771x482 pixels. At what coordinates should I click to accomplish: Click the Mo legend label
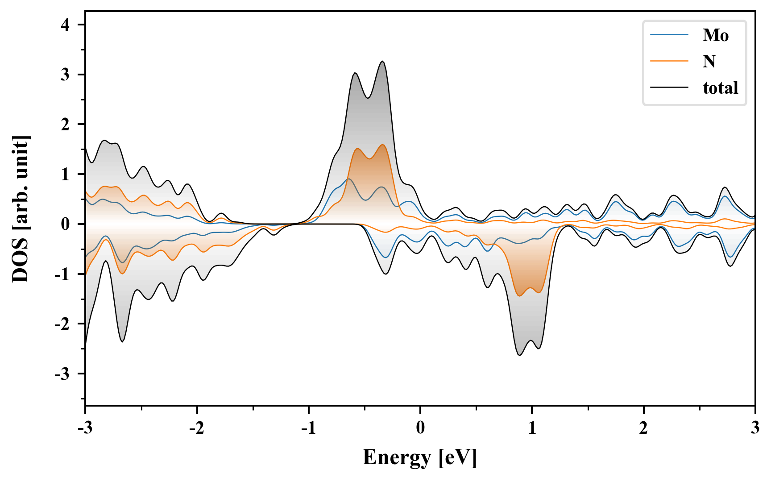coord(715,35)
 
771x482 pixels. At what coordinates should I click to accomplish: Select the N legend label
coord(709,61)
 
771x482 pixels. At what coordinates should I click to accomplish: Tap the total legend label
coord(720,87)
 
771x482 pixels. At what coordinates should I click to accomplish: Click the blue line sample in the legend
coord(669,35)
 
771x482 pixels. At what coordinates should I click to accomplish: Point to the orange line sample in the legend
coord(669,61)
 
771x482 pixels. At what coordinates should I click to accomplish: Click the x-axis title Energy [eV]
coord(420,457)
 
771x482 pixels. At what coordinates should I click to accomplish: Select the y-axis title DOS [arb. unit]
coord(21,209)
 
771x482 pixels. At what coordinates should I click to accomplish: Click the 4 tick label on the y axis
coord(66,25)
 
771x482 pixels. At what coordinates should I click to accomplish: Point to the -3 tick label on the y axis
coord(62,374)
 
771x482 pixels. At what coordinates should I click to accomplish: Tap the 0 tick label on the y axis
coord(66,224)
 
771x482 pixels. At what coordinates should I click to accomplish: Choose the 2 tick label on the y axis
coord(66,125)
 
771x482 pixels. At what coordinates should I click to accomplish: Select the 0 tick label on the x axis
coord(420,428)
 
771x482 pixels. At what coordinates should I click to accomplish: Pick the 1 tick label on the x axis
coord(532,428)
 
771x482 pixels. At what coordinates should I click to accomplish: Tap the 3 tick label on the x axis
coord(755,428)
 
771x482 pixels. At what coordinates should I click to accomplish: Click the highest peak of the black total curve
coord(382,62)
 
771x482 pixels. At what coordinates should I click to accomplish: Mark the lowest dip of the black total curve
coord(520,355)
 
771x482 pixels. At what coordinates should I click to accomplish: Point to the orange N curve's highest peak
coord(383,145)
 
